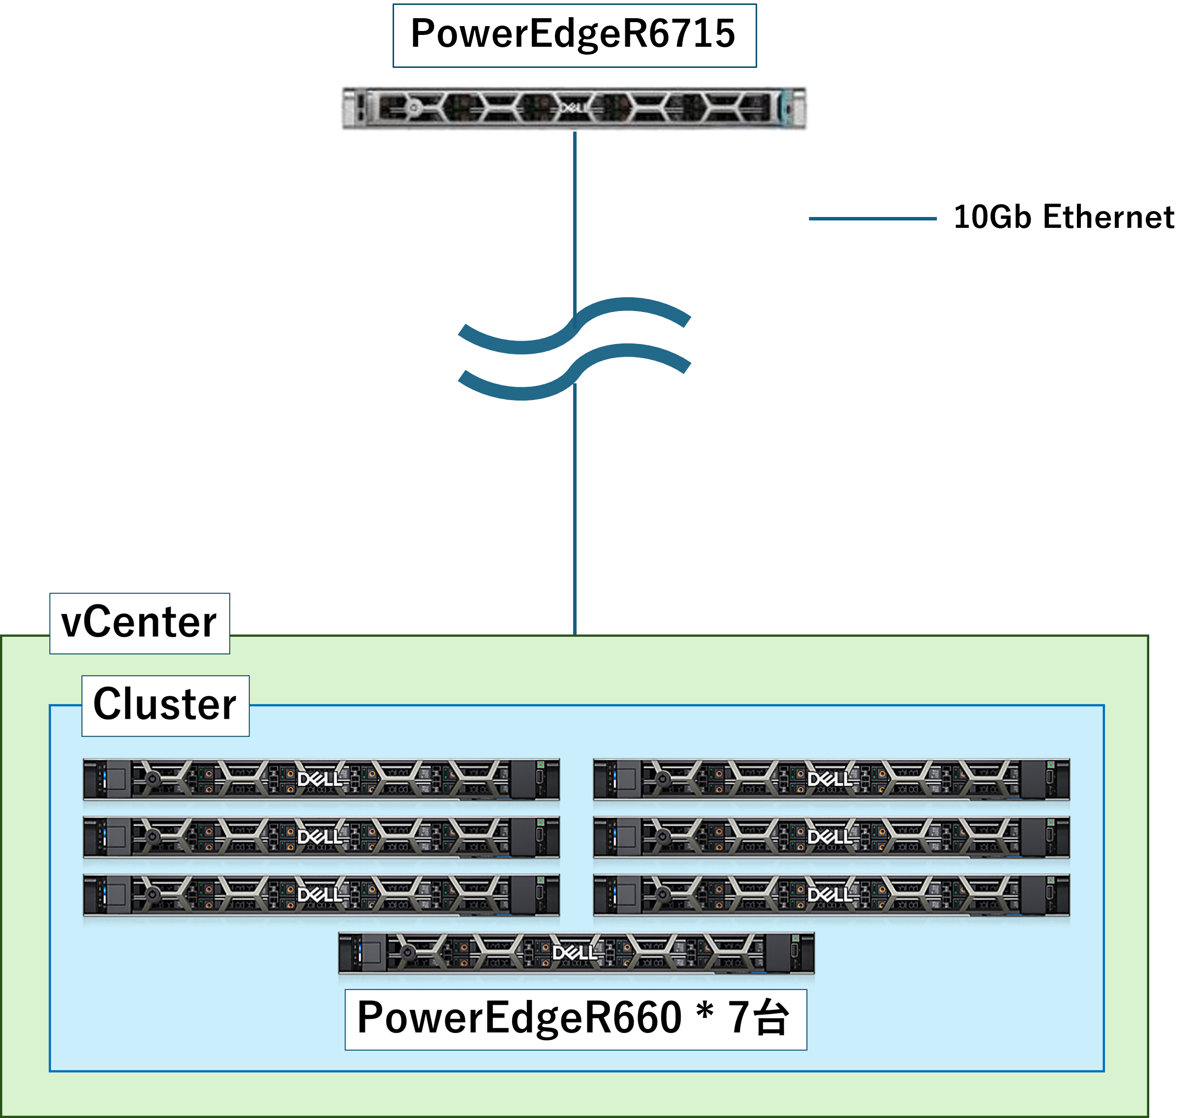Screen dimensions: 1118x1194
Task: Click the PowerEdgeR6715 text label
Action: pos(574,35)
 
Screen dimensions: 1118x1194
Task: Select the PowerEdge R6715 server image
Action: pos(574,108)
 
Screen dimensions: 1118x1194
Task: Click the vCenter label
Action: pos(139,623)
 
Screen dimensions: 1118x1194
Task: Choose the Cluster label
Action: pos(165,705)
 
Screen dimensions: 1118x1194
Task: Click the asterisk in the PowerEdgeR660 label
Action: pos(704,1014)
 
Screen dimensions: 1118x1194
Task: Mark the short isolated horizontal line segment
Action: pos(872,218)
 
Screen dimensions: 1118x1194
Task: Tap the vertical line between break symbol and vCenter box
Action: pos(575,511)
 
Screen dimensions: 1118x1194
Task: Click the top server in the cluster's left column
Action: pos(321,779)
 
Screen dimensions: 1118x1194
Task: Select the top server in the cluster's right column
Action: pos(831,779)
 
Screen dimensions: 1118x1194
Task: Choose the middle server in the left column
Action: pos(321,837)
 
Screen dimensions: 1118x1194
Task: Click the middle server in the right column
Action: pos(831,837)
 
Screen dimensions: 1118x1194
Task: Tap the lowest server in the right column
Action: pos(831,895)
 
